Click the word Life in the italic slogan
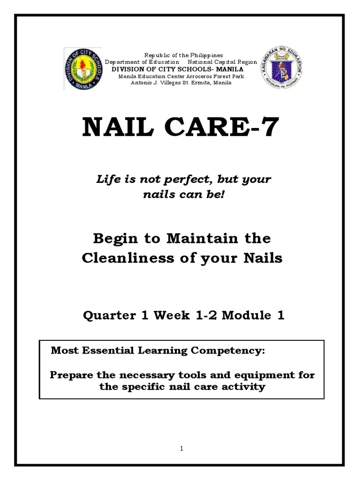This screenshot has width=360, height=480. tap(108, 179)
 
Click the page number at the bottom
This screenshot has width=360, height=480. tap(181, 449)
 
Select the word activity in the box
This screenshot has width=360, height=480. tap(244, 387)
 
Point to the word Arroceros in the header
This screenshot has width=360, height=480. tap(194, 76)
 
